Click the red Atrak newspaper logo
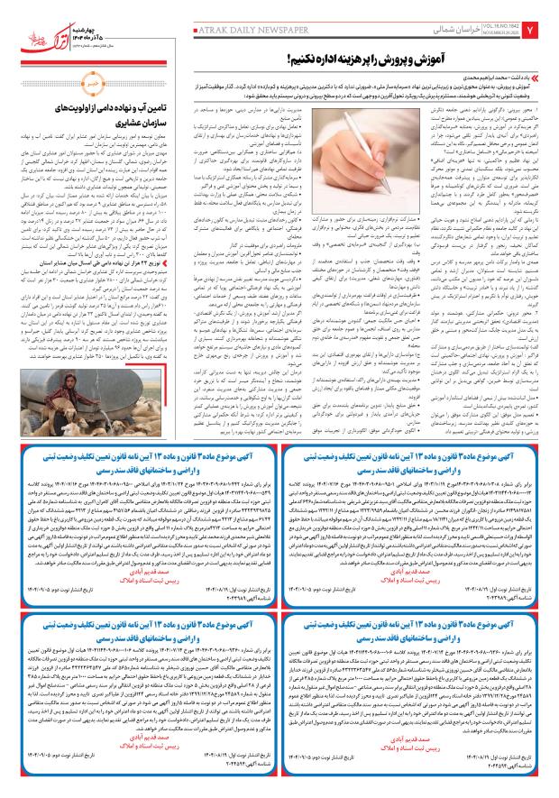coord(28,19)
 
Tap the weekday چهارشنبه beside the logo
coord(71,14)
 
